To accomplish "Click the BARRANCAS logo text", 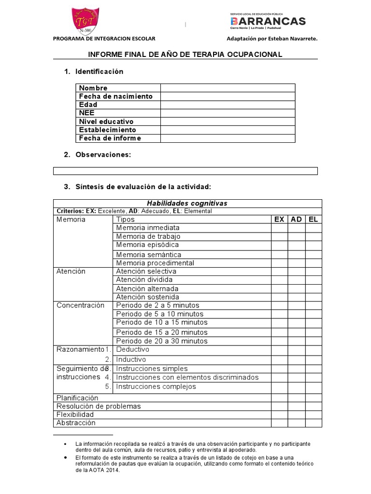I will [x=268, y=21].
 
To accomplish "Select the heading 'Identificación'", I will [x=99, y=71].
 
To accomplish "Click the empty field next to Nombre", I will [x=228, y=88].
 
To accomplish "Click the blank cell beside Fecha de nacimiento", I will [x=228, y=96].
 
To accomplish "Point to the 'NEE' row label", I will [x=87, y=113].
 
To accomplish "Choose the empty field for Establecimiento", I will [x=228, y=130].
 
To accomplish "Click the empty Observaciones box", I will [x=185, y=171].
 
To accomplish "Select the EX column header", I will [x=279, y=220].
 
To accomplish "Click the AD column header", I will [x=296, y=220].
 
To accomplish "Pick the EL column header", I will [x=314, y=220].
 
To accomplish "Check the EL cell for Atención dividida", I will [x=314, y=280].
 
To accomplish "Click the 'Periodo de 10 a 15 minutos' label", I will [x=161, y=322].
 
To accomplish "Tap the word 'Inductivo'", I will [x=131, y=359].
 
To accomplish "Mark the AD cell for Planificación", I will [x=296, y=398].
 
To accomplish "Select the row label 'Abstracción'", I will [x=76, y=423].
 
